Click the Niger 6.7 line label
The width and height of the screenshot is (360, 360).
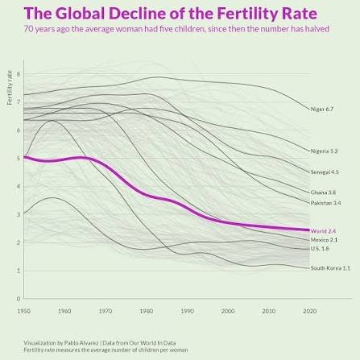point(322,109)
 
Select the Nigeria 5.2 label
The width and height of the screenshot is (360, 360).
point(325,151)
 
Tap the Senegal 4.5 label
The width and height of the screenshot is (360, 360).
point(325,172)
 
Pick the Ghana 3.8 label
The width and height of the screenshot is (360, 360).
point(323,192)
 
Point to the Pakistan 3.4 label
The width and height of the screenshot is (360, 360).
point(325,203)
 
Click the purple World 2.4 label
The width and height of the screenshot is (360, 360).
point(323,231)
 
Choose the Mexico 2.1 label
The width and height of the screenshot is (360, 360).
point(324,240)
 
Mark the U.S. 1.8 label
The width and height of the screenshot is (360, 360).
point(321,249)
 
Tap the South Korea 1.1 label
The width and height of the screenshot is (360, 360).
point(330,268)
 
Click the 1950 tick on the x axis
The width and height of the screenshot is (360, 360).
point(24,310)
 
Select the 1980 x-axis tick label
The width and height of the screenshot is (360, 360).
point(147,310)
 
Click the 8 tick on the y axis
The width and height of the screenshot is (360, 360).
point(18,74)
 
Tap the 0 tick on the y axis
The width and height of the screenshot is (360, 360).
point(18,299)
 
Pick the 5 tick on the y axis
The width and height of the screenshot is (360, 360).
point(18,159)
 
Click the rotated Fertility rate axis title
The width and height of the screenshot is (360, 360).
point(10,88)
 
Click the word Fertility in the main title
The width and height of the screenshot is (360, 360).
point(234,13)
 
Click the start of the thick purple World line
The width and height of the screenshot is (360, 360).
point(25,157)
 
